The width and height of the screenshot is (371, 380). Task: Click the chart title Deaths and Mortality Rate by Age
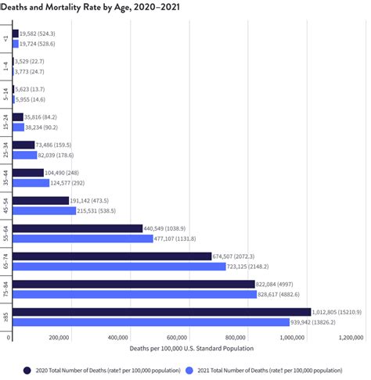point(92,6)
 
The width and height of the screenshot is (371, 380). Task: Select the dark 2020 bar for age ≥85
point(160,312)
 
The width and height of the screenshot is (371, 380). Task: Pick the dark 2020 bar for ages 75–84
point(133,284)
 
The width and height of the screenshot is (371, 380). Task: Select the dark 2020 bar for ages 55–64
point(77,228)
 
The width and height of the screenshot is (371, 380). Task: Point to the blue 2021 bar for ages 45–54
point(45,211)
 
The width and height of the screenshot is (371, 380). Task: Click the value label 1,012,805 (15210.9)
point(337,312)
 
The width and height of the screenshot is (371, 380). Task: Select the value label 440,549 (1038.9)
point(170,228)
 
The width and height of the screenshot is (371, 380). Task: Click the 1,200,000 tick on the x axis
point(350,339)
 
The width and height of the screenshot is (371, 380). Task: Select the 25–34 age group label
point(6,149)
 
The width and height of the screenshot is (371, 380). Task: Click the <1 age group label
point(6,38)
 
